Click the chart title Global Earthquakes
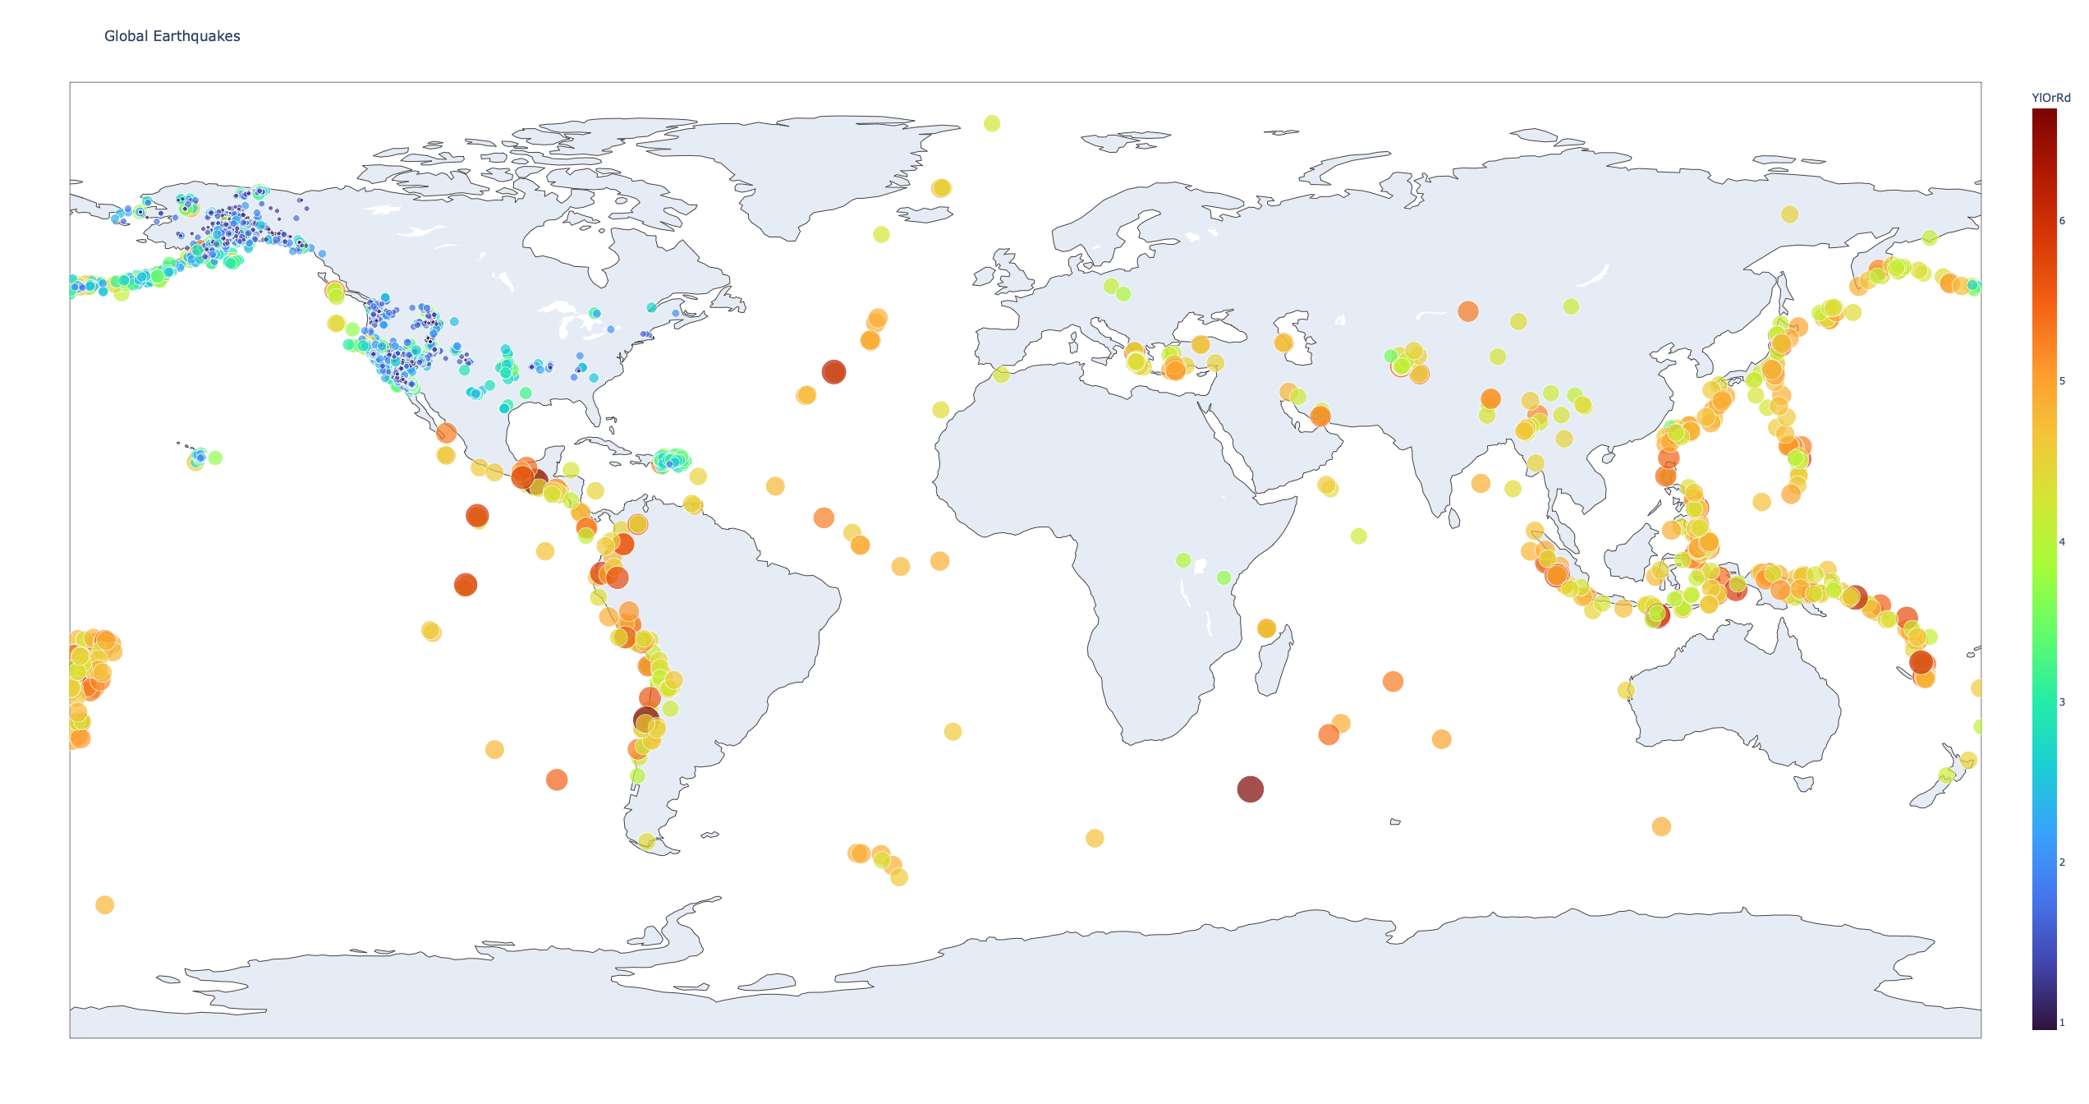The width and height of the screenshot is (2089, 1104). pos(172,36)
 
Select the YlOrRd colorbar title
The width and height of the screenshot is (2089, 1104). pos(2050,98)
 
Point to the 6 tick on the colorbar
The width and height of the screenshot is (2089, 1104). pos(2061,220)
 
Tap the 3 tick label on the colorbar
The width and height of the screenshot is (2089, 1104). pos(2061,701)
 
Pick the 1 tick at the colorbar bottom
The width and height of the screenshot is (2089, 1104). pos(2061,1023)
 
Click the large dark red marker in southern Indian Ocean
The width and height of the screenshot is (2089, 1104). pos(1250,789)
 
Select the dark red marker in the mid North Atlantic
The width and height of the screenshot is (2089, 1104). pos(833,371)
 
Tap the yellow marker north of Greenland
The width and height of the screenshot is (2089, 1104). pos(992,123)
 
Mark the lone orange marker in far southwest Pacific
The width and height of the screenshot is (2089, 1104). pos(104,904)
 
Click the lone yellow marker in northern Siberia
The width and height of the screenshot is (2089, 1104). pos(1789,214)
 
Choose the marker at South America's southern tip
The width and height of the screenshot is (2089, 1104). pos(646,841)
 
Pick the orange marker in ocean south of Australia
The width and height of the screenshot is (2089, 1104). pos(1661,826)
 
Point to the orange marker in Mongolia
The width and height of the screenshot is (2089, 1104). pos(1468,311)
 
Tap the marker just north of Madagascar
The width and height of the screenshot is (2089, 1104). pos(1266,628)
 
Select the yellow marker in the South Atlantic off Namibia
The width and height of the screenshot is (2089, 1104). pos(953,731)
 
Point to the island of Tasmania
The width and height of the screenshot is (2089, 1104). pos(1804,784)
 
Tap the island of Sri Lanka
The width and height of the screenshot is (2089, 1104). pos(1454,518)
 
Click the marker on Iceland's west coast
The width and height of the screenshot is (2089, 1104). pos(941,188)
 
